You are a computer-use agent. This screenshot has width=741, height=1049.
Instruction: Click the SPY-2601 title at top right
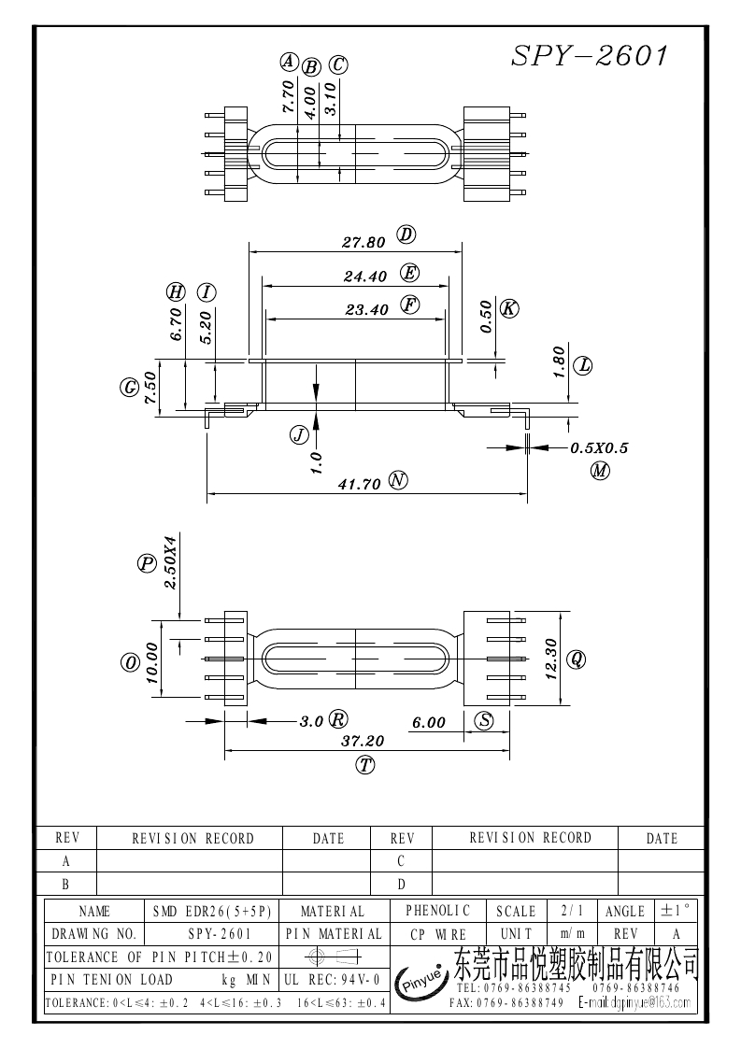pos(590,56)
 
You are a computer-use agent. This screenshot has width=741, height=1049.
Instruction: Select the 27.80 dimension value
pos(363,242)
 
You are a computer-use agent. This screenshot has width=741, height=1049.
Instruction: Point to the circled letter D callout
pos(406,234)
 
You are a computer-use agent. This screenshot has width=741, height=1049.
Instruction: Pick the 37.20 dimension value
pos(364,741)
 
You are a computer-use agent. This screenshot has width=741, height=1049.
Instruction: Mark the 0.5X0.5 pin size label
pos(599,448)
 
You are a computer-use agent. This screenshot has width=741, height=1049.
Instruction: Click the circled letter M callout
pos(600,471)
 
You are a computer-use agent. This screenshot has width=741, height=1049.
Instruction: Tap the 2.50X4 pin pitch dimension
pos(170,562)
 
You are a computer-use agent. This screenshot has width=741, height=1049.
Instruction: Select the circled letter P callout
pos(147,563)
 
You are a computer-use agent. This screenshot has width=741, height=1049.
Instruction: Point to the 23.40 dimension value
pos(366,310)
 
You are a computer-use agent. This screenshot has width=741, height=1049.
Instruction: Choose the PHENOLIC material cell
pos(438,910)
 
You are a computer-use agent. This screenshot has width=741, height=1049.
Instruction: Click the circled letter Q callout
pos(577,659)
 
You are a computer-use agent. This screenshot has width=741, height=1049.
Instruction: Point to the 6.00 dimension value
pos(429,722)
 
